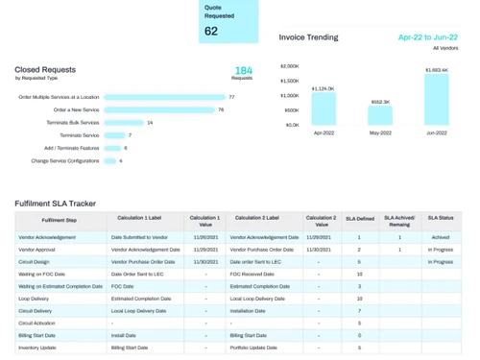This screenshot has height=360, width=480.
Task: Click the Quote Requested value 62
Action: (x=211, y=31)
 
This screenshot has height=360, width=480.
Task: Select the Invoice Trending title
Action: (x=308, y=37)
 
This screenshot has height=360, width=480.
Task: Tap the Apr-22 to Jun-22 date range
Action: (x=428, y=37)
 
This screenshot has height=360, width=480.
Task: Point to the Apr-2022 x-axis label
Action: (x=324, y=132)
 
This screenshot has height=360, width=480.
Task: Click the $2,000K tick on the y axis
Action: (x=289, y=66)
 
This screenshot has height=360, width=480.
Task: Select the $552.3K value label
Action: (x=380, y=101)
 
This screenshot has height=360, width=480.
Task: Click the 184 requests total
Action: (x=244, y=70)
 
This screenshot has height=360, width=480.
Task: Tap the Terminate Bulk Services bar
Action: (x=123, y=123)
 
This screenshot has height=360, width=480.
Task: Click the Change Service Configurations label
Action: (x=64, y=160)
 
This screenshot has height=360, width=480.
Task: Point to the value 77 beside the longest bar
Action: (x=231, y=97)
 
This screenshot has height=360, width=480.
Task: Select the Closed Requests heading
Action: (x=45, y=69)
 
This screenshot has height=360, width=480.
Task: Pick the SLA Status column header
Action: (x=441, y=221)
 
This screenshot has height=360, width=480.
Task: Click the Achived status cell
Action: (x=441, y=236)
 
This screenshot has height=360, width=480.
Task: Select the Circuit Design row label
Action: (x=36, y=261)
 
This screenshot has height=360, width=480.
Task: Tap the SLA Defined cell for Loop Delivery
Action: (x=359, y=299)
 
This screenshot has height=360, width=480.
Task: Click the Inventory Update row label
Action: (x=38, y=348)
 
